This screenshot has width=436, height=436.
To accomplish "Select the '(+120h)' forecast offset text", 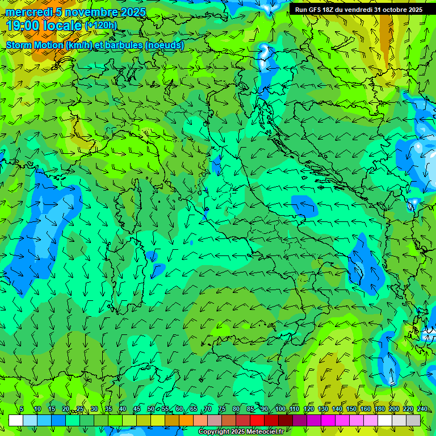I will pos(101,25).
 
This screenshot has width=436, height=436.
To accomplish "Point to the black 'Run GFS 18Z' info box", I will pos(358,10).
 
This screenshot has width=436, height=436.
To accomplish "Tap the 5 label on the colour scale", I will pos(21,409).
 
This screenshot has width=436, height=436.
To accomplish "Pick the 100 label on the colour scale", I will pos(280,409).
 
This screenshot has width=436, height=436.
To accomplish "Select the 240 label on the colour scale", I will pos(422,409).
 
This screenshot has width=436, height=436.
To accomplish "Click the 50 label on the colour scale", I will pos(151,409).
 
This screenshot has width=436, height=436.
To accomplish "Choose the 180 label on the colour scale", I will pos(380,409).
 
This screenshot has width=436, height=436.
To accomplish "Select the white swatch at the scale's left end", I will pos(16,420).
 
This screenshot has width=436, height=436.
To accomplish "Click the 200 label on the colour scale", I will pos(394,409).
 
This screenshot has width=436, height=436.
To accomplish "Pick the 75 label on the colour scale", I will pos(222,409).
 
